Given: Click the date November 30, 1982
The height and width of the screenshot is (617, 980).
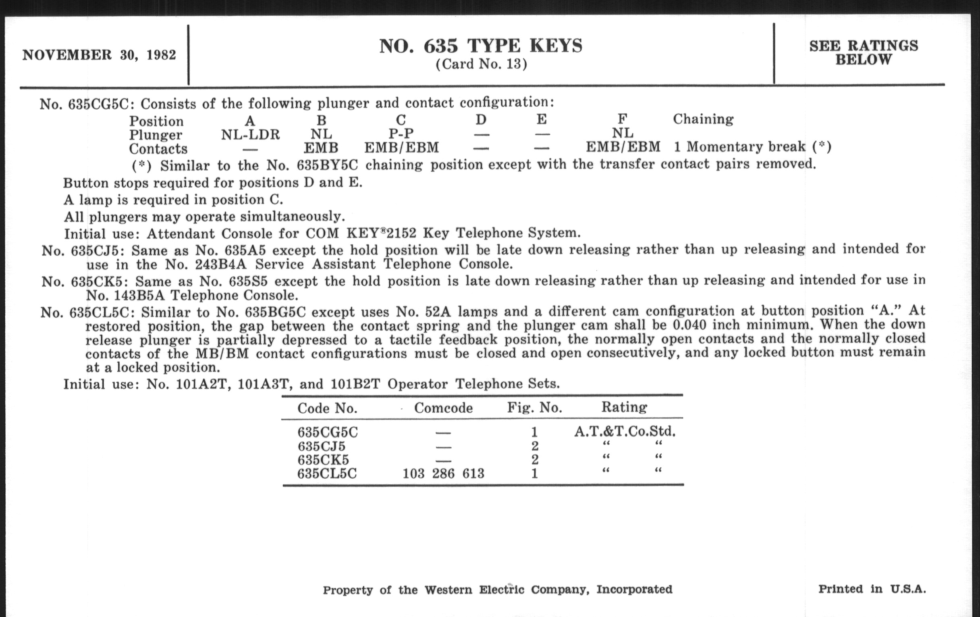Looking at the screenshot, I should (99, 55).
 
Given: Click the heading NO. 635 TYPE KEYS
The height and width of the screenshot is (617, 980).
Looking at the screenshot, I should (481, 46).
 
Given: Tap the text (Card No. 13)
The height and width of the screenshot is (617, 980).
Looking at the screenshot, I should (481, 65).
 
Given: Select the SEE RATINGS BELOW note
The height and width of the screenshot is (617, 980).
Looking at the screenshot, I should (864, 52).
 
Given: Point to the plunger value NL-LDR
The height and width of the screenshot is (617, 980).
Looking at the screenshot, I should (250, 134).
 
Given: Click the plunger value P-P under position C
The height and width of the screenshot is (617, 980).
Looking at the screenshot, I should (401, 133).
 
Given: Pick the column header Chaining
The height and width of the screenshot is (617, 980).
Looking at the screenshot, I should (703, 119).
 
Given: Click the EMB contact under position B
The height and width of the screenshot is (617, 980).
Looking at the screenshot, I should (321, 148).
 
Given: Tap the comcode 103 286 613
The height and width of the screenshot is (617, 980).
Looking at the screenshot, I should (443, 474).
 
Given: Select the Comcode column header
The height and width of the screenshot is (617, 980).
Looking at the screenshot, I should (443, 408).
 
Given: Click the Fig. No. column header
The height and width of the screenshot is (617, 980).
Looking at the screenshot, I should (534, 407).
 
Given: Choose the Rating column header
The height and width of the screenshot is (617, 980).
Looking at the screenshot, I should (624, 407).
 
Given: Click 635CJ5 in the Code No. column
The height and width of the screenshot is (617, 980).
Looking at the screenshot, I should (321, 446).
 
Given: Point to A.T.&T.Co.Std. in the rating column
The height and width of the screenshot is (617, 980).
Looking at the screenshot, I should (625, 431).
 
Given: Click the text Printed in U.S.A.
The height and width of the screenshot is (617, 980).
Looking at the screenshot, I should (872, 589).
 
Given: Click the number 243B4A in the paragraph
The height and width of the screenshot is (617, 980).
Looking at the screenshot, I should (220, 265).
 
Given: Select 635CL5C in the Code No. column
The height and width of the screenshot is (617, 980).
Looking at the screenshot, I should (327, 474).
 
